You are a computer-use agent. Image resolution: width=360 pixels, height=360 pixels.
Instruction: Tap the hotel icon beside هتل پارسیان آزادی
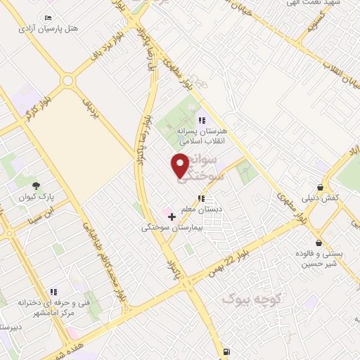pos(48,18)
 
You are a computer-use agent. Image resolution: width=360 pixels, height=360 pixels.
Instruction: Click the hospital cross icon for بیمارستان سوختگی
pos(172,217)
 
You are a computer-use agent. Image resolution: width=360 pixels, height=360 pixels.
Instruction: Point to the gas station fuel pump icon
pos(225,351)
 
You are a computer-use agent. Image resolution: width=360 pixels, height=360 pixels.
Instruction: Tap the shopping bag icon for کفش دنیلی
pos(321,188)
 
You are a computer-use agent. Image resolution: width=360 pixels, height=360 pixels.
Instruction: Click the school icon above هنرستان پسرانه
pos(202,120)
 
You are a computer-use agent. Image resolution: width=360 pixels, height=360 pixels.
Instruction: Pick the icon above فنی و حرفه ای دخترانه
pos(53,292)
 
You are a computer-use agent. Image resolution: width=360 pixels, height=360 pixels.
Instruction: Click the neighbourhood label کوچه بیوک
pos(252,300)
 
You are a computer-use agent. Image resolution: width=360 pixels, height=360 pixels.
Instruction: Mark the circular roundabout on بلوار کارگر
pos(67,81)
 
